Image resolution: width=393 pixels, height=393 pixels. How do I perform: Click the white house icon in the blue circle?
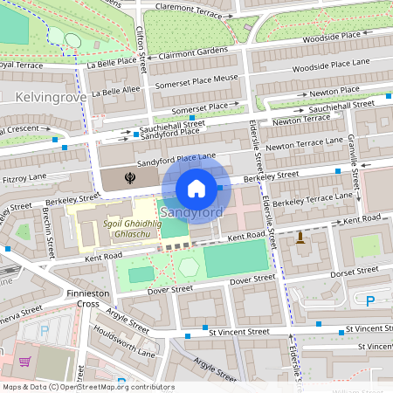pyautogui.click(x=196, y=188)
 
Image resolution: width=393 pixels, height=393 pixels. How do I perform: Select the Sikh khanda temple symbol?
pyautogui.click(x=130, y=178)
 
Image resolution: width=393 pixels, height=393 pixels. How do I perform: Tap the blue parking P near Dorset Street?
pyautogui.click(x=369, y=301)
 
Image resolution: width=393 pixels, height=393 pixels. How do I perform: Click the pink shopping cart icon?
pyautogui.click(x=24, y=361)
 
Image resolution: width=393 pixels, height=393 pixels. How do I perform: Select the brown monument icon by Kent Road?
pyautogui.click(x=300, y=237)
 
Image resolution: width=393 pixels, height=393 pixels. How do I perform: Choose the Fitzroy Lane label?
pyautogui.click(x=25, y=178)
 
